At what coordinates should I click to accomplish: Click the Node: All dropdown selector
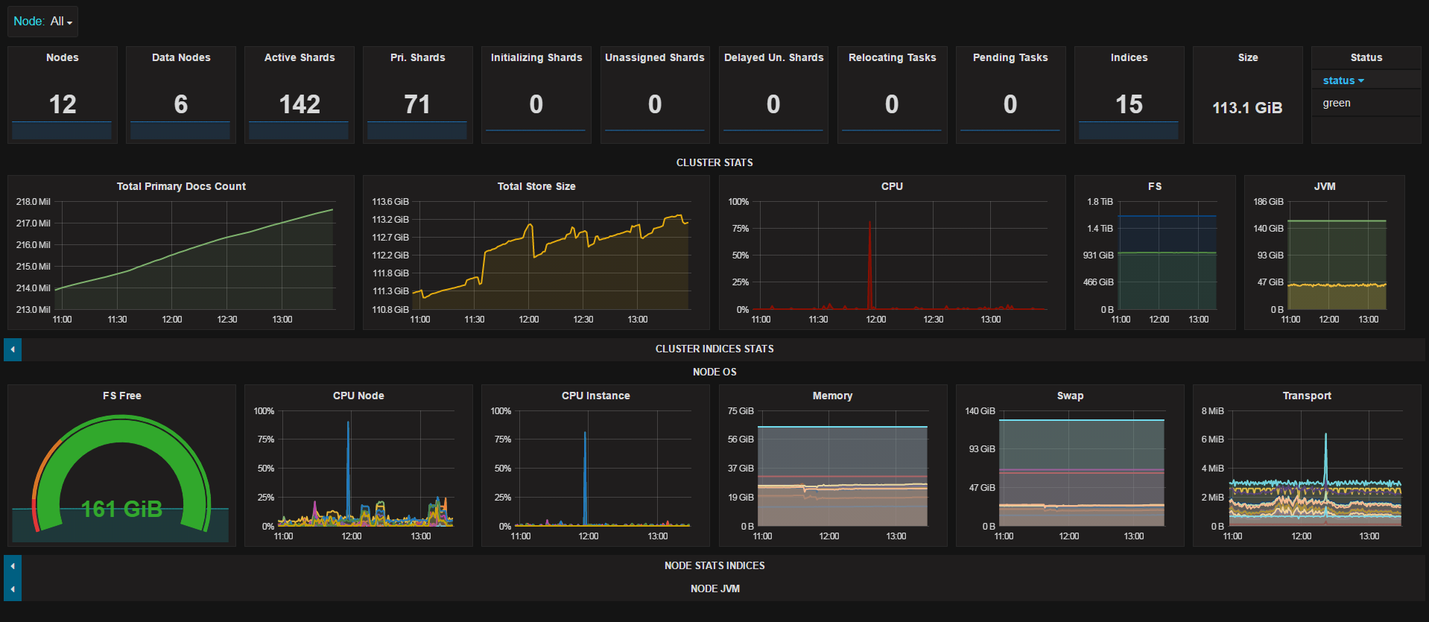[x=42, y=22]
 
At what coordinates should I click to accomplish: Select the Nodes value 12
[x=63, y=104]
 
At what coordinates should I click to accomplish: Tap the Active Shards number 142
[x=300, y=104]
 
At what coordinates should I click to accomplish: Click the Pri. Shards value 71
[x=417, y=104]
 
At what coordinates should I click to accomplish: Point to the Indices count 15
[x=1129, y=104]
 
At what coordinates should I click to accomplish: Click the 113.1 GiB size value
[x=1247, y=108]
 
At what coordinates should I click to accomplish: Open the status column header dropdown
[x=1343, y=80]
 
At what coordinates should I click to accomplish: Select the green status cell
[x=1337, y=103]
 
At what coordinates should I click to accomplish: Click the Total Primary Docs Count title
[x=181, y=186]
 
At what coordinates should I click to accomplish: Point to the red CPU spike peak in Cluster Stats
[x=869, y=222]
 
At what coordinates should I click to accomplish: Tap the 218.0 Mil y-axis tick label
[x=33, y=202]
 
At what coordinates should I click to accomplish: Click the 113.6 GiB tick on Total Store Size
[x=390, y=202]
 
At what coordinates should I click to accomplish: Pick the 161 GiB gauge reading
[x=121, y=509]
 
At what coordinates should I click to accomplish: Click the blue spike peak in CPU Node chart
[x=348, y=422]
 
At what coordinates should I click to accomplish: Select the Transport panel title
[x=1307, y=396]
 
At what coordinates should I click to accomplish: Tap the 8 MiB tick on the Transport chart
[x=1212, y=411]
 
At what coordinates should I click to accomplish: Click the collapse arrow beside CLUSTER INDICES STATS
[x=13, y=349]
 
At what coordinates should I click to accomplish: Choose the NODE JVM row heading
[x=714, y=588]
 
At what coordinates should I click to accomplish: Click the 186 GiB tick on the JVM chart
[x=1268, y=202]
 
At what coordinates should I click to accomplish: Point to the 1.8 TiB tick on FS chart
[x=1100, y=202]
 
